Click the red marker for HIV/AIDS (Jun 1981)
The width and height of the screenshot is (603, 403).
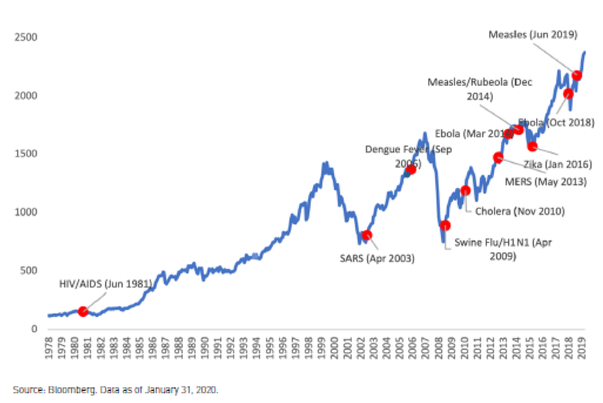point(83,311)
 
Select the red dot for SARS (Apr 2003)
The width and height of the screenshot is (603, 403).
point(367,235)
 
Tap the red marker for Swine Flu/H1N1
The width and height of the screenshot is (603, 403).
point(445,226)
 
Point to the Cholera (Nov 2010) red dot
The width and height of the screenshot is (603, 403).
point(466,190)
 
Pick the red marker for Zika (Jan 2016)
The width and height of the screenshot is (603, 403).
point(533,147)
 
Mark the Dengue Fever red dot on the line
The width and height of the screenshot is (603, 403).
point(411,170)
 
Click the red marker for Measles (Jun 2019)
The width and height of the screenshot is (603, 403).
point(576,76)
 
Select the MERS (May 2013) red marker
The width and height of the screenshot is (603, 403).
point(498,158)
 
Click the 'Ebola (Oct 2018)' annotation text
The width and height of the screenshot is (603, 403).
point(556,123)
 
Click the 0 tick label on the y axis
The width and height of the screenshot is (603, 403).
point(35,329)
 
